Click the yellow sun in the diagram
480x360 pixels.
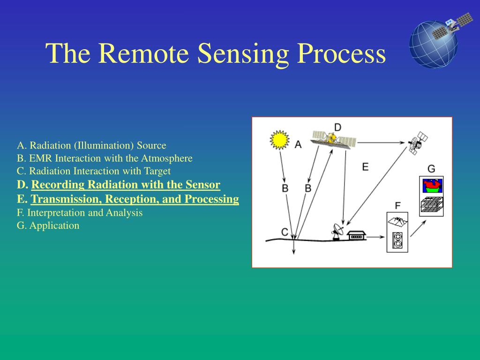(279, 140)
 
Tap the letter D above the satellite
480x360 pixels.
(337, 127)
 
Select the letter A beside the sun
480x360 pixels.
(298, 145)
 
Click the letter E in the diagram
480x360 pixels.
(365, 166)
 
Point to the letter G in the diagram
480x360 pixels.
(431, 169)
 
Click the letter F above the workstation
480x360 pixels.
(397, 205)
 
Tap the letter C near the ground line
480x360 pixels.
(285, 232)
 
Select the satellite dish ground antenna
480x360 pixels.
(337, 231)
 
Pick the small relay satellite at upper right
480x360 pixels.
(417, 142)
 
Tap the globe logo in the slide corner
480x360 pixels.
(434, 40)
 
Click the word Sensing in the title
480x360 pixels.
(241, 53)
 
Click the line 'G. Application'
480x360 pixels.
(48, 225)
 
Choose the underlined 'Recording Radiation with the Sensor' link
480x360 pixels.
(126, 185)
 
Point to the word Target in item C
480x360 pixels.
(157, 171)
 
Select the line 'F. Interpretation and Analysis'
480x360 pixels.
(80, 212)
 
